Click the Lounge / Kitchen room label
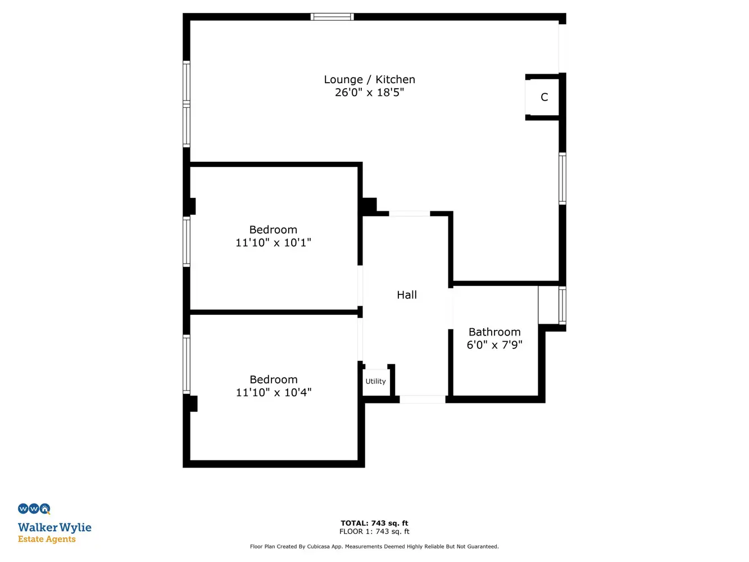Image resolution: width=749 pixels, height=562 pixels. click(x=369, y=79)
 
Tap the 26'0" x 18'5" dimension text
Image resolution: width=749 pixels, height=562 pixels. click(x=369, y=93)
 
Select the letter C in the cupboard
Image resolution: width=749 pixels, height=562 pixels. click(x=544, y=97)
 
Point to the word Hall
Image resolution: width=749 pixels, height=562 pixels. click(x=406, y=295)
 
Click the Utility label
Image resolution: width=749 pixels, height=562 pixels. click(x=375, y=382)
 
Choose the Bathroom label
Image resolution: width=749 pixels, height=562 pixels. click(x=494, y=332)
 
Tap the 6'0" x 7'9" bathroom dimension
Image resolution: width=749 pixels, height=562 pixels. click(x=494, y=345)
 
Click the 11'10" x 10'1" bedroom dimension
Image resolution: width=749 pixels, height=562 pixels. click(x=273, y=243)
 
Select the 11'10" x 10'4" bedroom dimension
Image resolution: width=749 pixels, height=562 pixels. click(x=274, y=392)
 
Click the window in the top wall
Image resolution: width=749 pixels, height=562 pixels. click(x=332, y=17)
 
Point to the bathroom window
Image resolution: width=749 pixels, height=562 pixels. click(x=562, y=305)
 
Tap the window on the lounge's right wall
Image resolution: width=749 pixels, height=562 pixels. click(x=562, y=179)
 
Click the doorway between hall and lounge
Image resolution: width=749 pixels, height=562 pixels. click(x=410, y=214)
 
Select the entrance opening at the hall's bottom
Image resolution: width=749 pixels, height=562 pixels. click(x=423, y=399)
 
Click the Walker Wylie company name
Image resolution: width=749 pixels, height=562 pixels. click(x=55, y=528)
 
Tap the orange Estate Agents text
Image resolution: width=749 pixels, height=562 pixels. click(x=47, y=539)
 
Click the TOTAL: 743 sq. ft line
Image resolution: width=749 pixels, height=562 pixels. click(x=374, y=523)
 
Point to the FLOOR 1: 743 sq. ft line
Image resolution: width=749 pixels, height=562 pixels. click(x=374, y=532)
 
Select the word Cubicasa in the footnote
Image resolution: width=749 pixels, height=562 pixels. click(x=319, y=547)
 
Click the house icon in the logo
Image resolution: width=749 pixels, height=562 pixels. click(x=45, y=509)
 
